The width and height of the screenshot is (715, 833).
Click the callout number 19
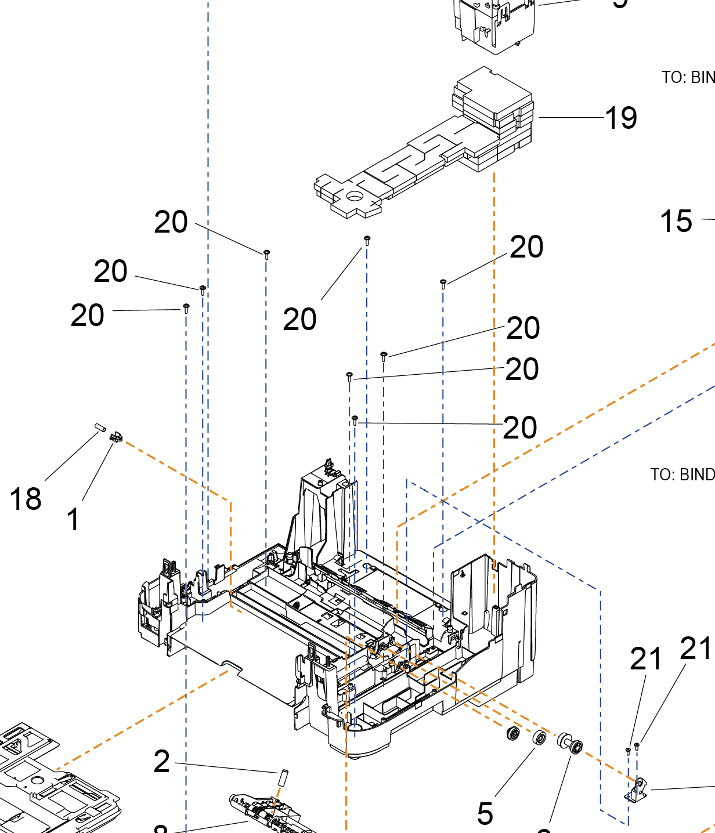[621, 118]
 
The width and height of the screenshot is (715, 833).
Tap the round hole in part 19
[353, 197]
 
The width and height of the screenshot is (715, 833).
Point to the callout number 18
[26, 499]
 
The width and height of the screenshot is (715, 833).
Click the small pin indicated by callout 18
[99, 428]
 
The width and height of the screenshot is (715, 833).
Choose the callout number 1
[73, 519]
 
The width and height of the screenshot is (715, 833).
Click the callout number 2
[162, 762]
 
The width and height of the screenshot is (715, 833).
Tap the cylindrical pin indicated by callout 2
[284, 777]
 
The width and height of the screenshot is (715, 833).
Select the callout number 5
[485, 813]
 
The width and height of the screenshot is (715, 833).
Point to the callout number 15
[676, 222]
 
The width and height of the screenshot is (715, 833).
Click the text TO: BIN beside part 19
[688, 78]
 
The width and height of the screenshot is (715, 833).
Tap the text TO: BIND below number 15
[682, 475]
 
